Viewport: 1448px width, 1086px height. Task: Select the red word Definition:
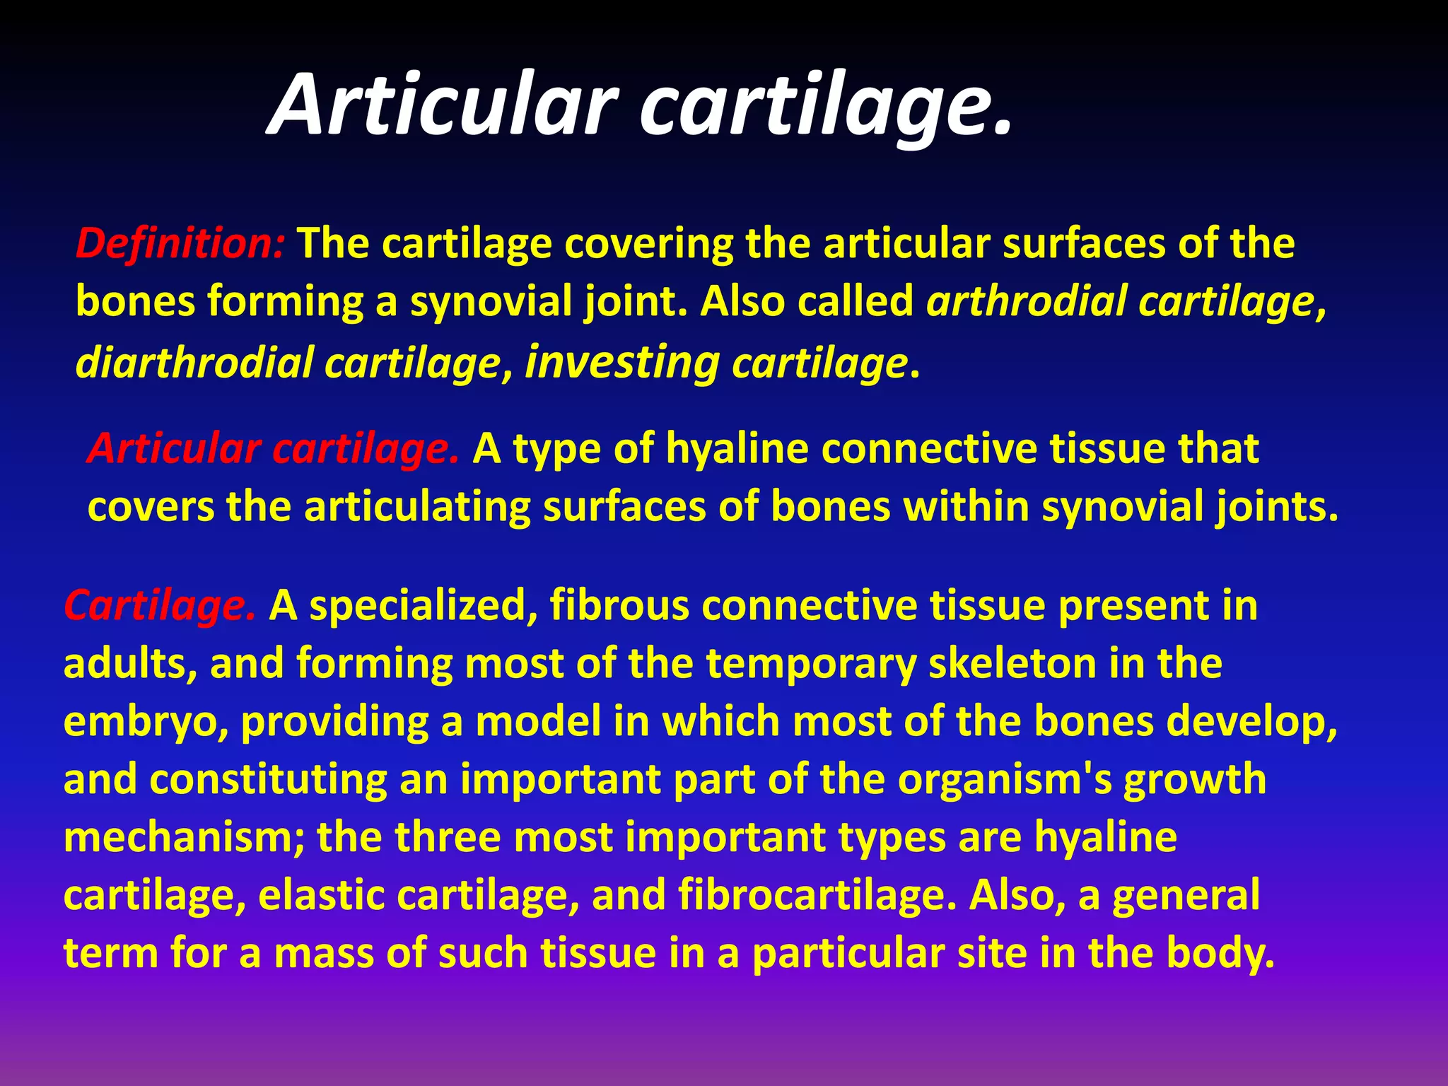(x=180, y=243)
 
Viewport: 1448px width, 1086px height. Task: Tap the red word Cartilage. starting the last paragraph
(x=160, y=606)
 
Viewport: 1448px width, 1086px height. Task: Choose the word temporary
(x=810, y=664)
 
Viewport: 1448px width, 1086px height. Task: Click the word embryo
(x=146, y=722)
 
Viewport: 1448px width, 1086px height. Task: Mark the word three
(x=449, y=838)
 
